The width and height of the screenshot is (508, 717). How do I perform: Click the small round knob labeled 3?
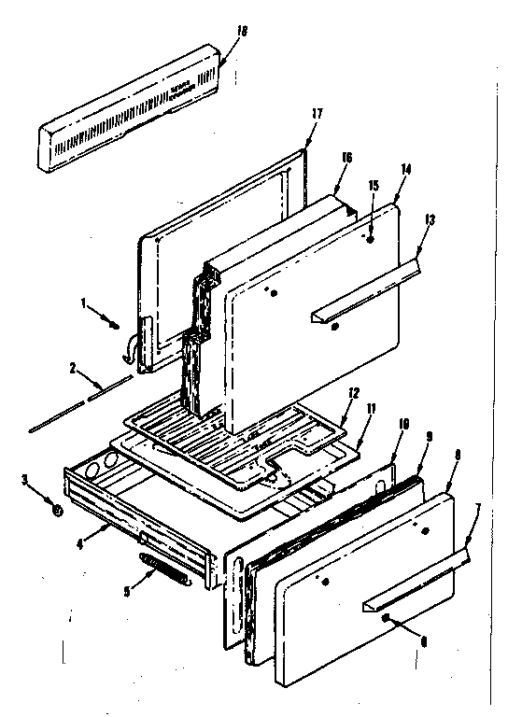pyautogui.click(x=58, y=511)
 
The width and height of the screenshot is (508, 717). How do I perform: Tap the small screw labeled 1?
pyautogui.click(x=115, y=325)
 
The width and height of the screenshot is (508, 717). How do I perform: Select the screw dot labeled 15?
pyautogui.click(x=370, y=241)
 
